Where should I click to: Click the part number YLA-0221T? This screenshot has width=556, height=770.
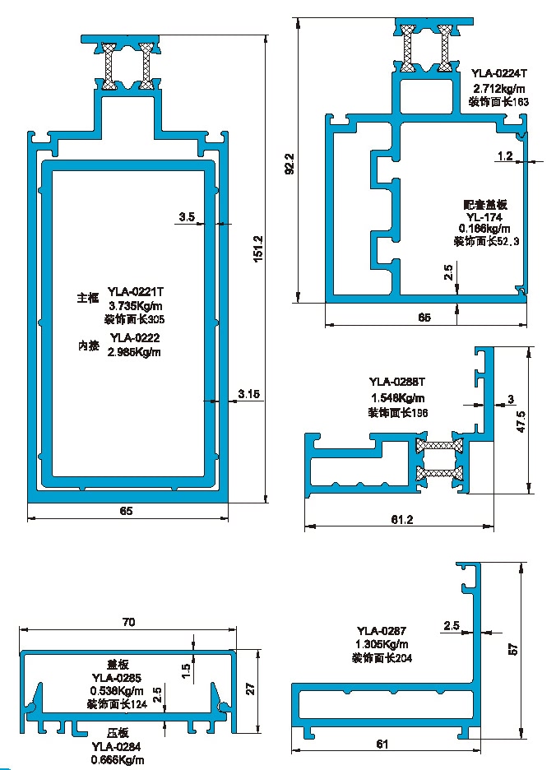point(137,290)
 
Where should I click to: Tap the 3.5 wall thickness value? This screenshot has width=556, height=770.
point(186,216)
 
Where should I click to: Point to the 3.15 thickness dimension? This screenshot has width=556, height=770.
point(249,395)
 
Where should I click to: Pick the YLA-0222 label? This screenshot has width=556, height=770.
point(134,336)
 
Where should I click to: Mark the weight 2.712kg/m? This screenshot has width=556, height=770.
point(498,88)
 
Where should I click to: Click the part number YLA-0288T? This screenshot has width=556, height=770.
point(397,381)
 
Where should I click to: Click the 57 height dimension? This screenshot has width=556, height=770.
point(512,648)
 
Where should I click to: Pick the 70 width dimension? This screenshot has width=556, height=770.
point(128,623)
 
